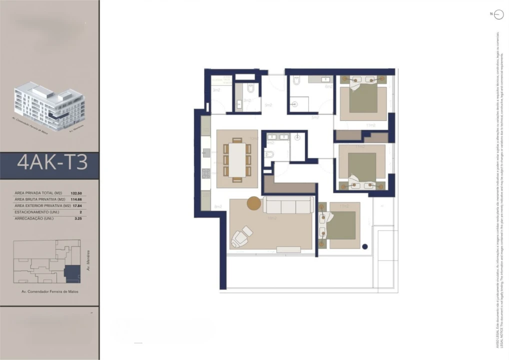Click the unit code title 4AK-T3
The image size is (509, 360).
click(x=52, y=162)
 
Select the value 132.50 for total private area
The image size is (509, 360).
click(x=76, y=193)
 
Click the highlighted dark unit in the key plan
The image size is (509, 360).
click(x=72, y=273)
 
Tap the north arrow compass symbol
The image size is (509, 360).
click(x=498, y=15)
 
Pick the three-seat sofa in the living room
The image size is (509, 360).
click(x=288, y=205)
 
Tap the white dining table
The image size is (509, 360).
click(x=237, y=159)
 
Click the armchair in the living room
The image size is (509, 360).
click(x=241, y=235)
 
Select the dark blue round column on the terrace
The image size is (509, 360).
click(x=365, y=246)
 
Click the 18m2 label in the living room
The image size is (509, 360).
click(x=272, y=218)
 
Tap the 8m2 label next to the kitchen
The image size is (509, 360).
click(x=217, y=206)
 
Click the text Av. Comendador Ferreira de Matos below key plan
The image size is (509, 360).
click(x=49, y=291)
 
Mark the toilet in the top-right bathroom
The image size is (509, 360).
click(x=296, y=80)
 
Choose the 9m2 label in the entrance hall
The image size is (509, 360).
click(x=268, y=105)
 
